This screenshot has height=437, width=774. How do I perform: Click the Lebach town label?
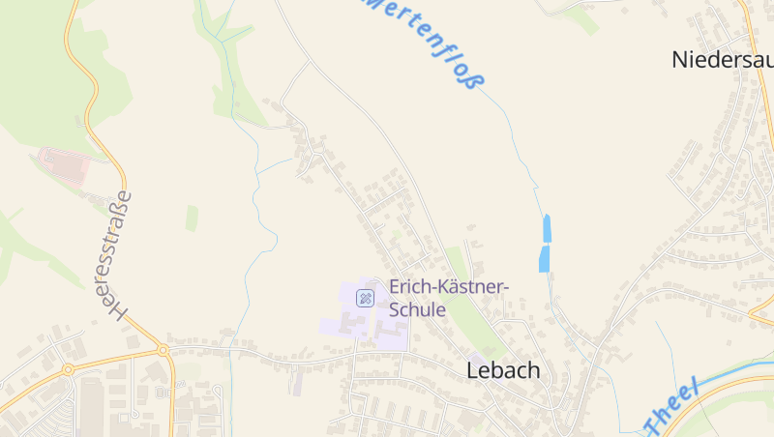point(503,370)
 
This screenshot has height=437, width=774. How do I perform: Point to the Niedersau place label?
point(722,59)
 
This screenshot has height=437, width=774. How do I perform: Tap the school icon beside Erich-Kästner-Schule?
point(365,298)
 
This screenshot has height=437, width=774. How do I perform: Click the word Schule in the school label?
point(417,310)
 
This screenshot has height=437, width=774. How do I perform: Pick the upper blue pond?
point(547,228)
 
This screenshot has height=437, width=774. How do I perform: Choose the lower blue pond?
point(544,258)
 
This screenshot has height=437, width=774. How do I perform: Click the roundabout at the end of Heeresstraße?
point(163,350)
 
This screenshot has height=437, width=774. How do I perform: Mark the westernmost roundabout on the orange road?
point(68,369)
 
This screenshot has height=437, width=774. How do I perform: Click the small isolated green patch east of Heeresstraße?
point(192,218)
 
